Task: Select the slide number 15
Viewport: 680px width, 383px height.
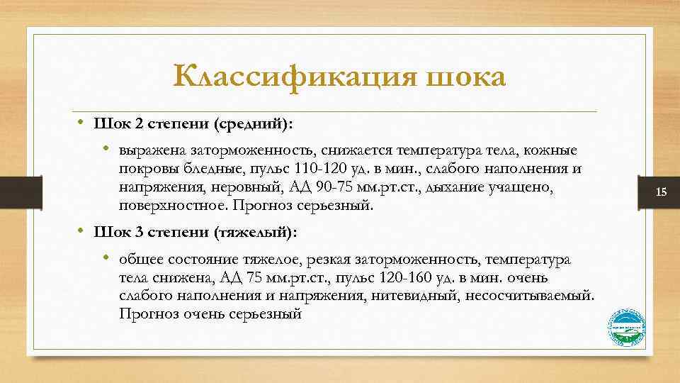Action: point(662,192)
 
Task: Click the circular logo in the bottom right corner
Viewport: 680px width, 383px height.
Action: point(627,328)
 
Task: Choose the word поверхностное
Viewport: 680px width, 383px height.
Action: point(164,206)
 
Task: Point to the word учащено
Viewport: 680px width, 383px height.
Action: point(528,187)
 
